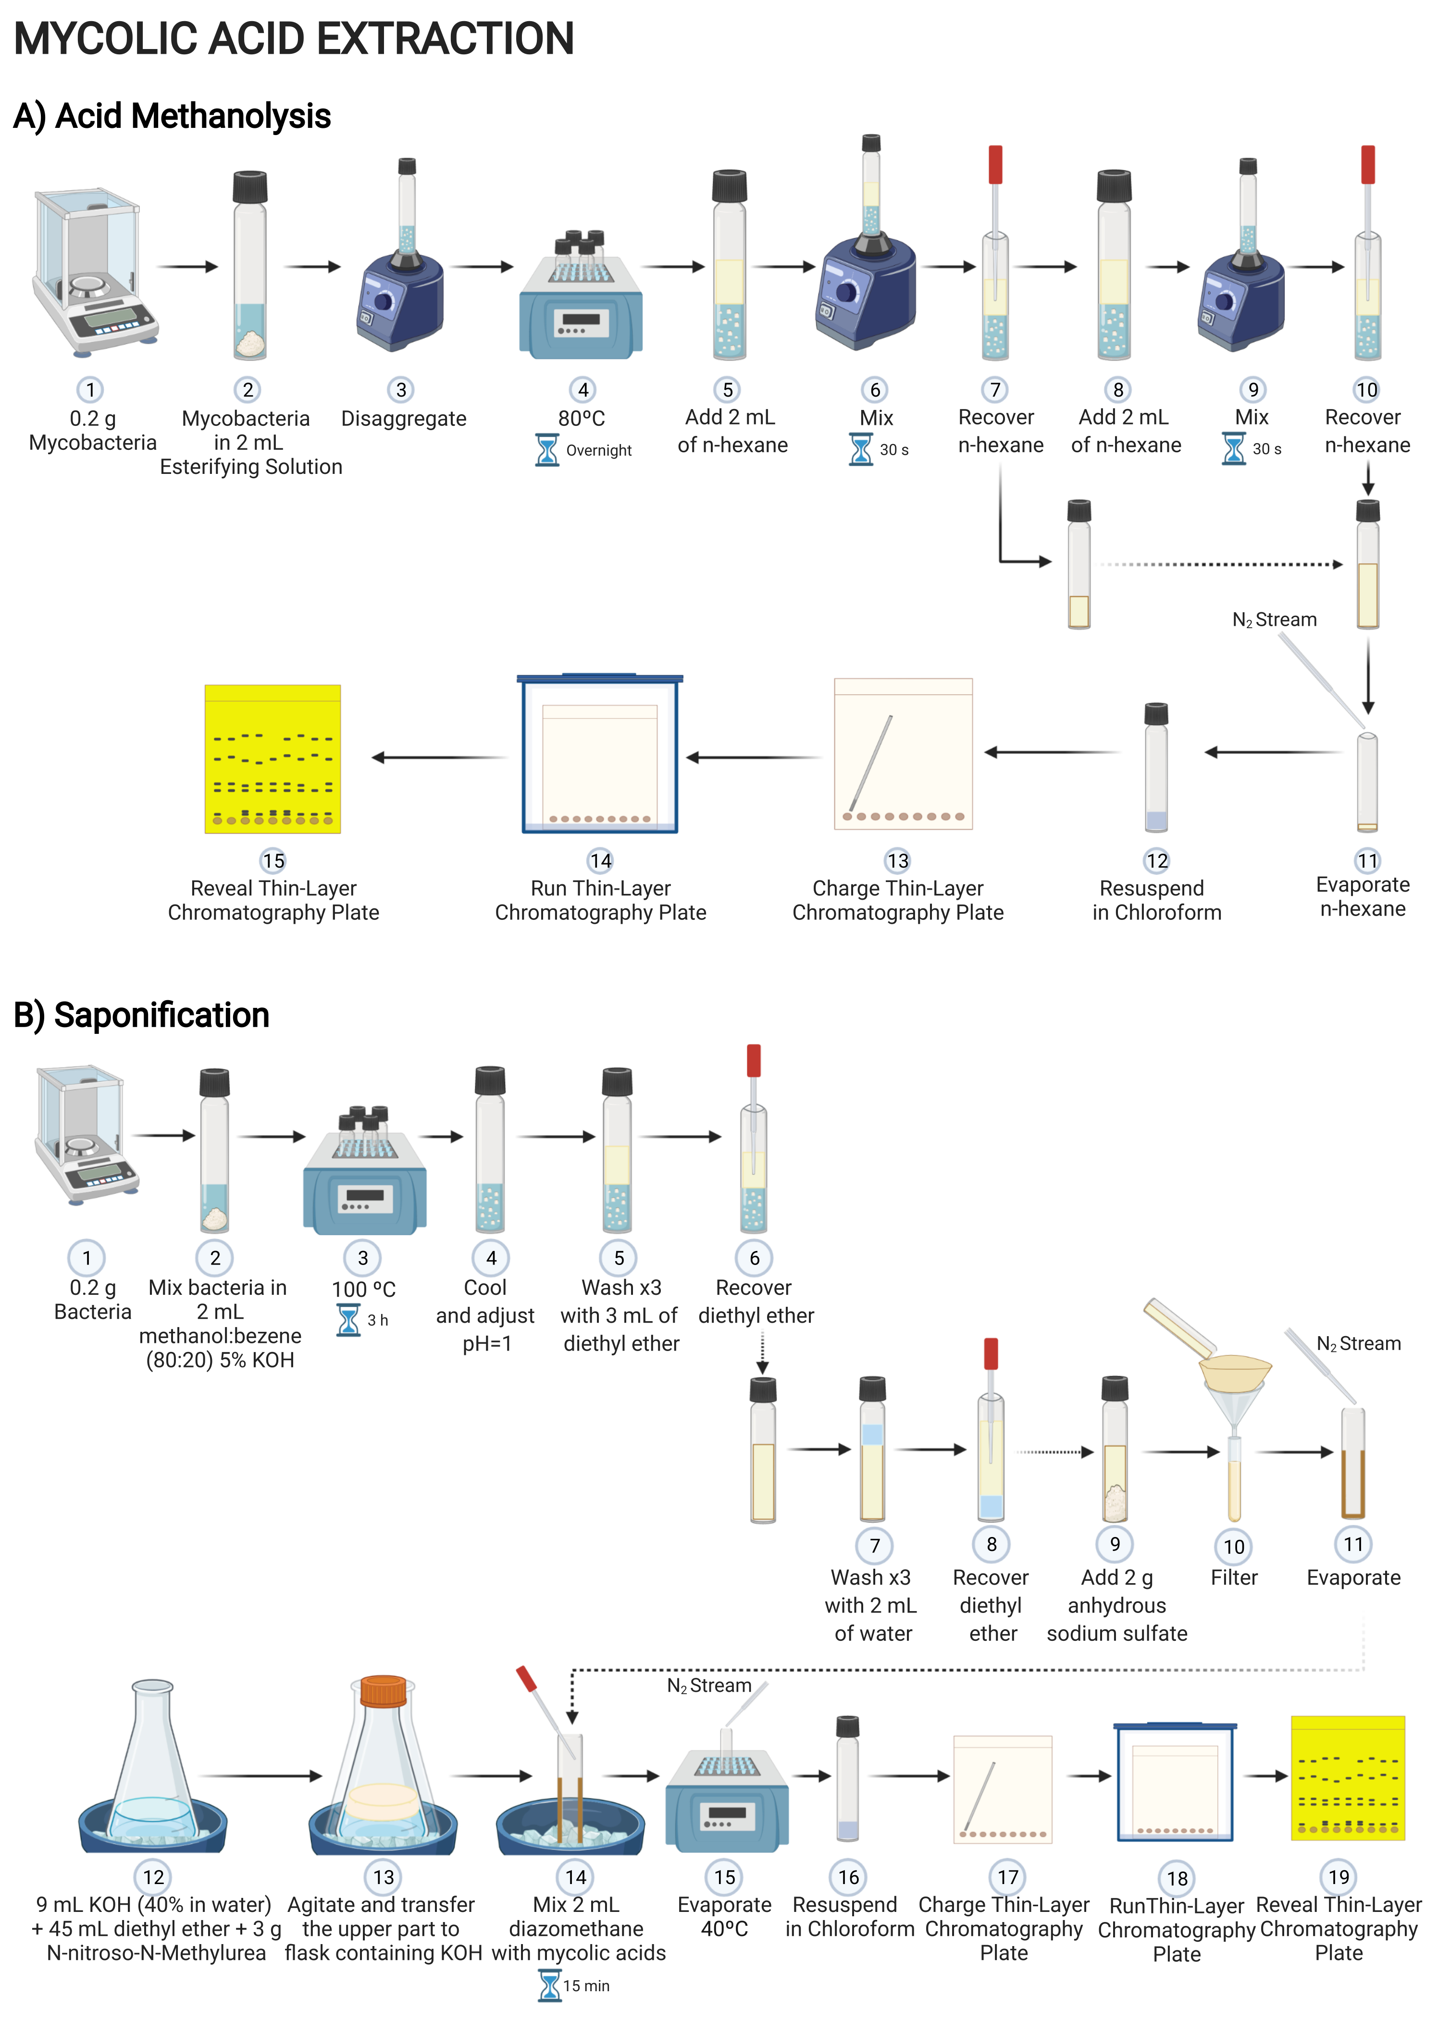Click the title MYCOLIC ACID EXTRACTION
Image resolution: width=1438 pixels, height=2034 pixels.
coord(294,39)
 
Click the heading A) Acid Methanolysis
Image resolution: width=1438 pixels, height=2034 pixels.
coord(172,116)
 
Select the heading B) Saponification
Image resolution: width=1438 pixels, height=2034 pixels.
coord(142,1015)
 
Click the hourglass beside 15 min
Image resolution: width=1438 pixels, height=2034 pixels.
coord(550,1985)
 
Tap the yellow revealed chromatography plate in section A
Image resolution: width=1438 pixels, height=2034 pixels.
coord(273,759)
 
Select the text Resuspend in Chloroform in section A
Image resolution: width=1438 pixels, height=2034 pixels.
coord(1156,900)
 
